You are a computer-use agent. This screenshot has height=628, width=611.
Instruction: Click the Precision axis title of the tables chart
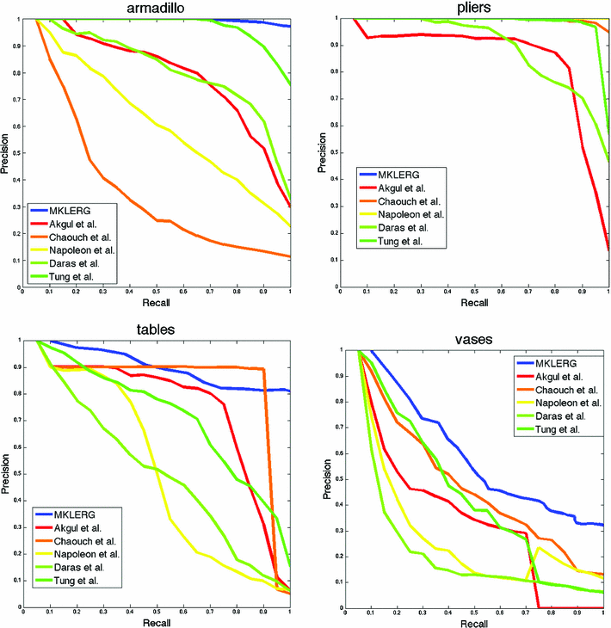pos(8,473)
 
